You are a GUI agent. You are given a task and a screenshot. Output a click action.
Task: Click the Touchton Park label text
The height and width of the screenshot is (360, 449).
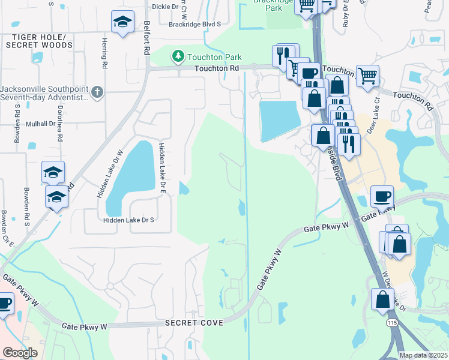[214, 57]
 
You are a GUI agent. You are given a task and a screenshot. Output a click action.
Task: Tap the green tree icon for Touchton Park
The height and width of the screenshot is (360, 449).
[177, 56]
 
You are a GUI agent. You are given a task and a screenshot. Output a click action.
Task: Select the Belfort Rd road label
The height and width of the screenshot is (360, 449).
[145, 38]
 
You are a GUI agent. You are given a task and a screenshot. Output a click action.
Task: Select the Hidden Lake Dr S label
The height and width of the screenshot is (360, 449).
[129, 220]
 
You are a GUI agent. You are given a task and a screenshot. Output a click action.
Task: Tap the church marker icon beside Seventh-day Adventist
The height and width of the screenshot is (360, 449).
[98, 92]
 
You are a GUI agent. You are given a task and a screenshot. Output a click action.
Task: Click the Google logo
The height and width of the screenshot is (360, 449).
[20, 353]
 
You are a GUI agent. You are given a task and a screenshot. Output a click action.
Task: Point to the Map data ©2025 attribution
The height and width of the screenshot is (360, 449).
[423, 355]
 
